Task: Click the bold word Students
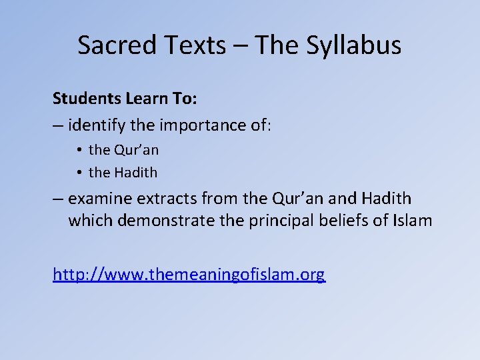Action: [x=87, y=99]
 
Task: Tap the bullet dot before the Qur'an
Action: [x=79, y=150]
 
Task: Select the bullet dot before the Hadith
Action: [x=79, y=173]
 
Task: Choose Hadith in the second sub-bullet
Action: [x=135, y=173]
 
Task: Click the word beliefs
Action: [x=339, y=220]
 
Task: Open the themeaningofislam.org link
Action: [x=189, y=274]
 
